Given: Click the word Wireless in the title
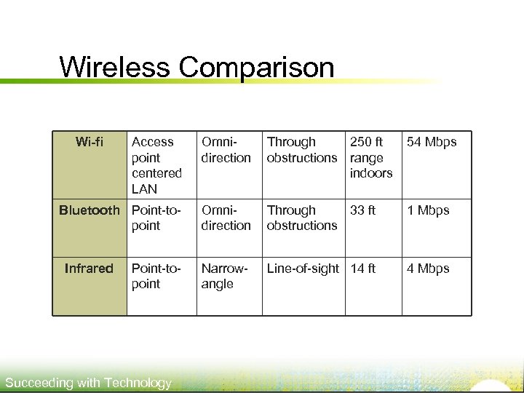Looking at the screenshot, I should (115, 67).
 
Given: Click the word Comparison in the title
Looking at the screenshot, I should (256, 68).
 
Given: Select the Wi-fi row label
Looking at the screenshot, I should (89, 142).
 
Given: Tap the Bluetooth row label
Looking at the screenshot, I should (89, 210).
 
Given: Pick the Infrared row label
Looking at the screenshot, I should (89, 269).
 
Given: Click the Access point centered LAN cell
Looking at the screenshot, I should (156, 165).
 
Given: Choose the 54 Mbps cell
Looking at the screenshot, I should (432, 142).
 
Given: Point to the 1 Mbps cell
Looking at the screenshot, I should (428, 210).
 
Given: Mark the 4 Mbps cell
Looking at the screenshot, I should (428, 269).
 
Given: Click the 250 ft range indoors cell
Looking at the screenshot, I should (371, 157).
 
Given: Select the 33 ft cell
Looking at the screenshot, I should (362, 210).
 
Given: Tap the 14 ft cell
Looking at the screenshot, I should (362, 269).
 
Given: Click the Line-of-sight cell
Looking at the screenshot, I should (303, 269).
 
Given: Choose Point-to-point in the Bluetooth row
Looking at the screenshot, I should (155, 218).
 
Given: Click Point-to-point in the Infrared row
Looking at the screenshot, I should (155, 276).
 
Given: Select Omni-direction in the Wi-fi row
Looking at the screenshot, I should (226, 150).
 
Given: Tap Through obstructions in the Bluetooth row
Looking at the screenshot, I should (301, 218).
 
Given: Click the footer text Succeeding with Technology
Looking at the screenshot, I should (88, 383).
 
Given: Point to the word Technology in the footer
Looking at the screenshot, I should (138, 383).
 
